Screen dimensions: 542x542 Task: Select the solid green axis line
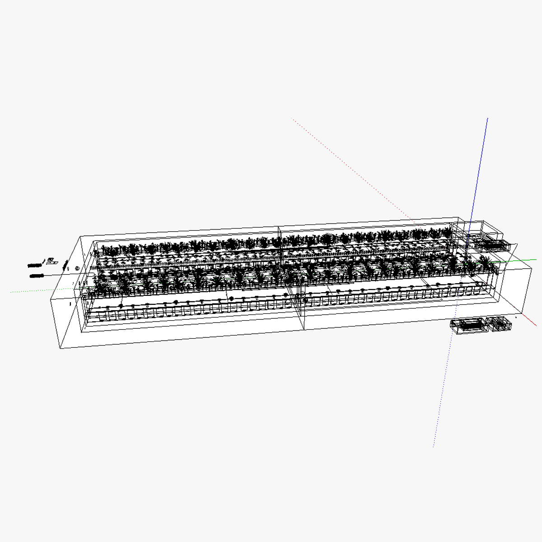[519, 260]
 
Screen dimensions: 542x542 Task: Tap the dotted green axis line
[36, 290]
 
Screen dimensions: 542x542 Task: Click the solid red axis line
[531, 319]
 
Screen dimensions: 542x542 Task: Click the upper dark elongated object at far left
[34, 265]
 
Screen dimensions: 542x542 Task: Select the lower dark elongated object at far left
[36, 275]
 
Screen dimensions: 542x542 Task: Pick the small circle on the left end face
[77, 269]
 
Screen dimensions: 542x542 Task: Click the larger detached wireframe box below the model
[468, 326]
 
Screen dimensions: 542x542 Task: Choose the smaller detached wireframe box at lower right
[499, 324]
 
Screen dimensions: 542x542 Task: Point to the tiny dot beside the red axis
[516, 317]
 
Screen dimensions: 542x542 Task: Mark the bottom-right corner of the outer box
[523, 312]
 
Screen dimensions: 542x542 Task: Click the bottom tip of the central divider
[303, 329]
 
